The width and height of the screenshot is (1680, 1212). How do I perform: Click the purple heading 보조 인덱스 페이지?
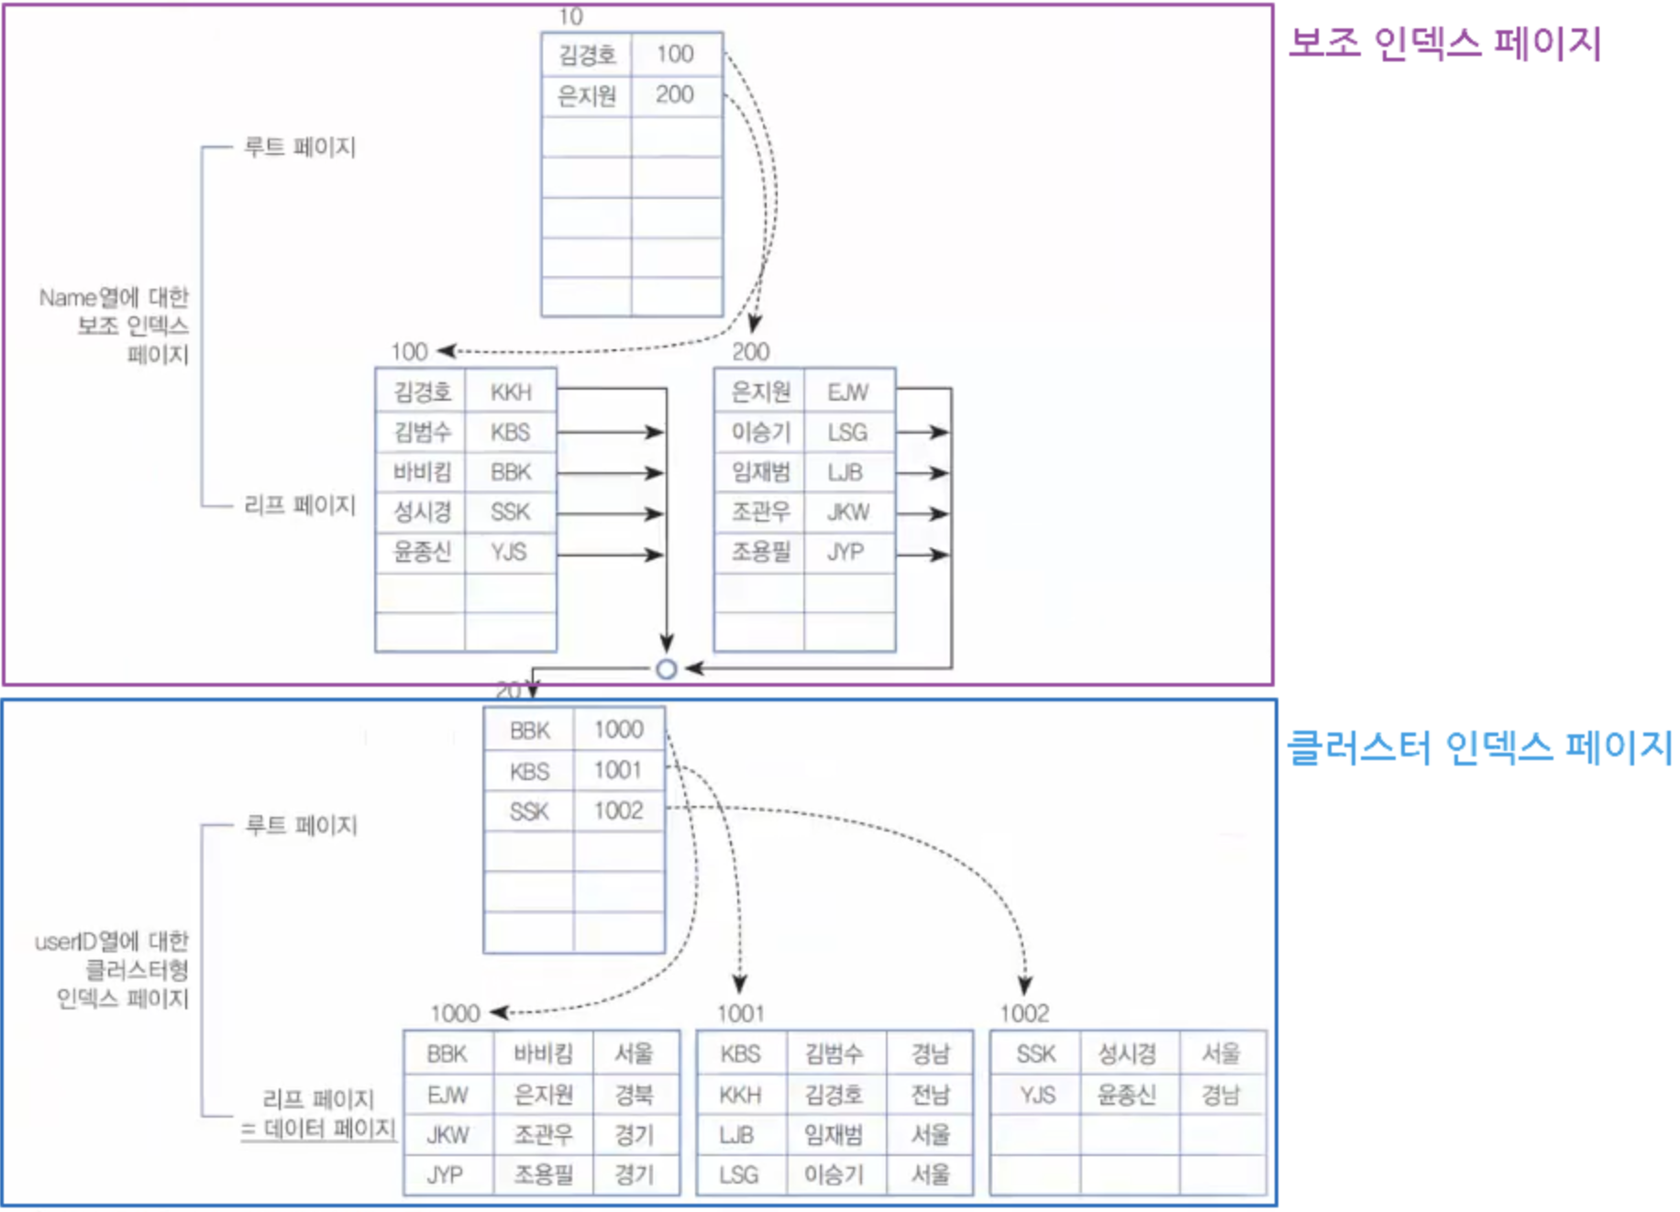(x=1444, y=43)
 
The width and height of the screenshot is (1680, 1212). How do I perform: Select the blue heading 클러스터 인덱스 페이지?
(x=1478, y=747)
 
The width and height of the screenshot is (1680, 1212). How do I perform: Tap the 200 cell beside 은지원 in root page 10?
(x=675, y=94)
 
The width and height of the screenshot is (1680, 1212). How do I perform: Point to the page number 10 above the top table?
(x=570, y=17)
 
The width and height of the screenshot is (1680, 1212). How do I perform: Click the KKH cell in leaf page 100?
(x=511, y=392)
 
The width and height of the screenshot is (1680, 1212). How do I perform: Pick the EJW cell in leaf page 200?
(x=847, y=392)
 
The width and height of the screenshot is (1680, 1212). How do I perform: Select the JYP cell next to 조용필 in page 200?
(x=846, y=552)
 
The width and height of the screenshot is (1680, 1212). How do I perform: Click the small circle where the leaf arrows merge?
(x=667, y=669)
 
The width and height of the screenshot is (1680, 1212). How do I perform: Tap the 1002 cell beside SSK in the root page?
(x=618, y=810)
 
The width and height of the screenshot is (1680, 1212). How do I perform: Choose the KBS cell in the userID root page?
(x=529, y=771)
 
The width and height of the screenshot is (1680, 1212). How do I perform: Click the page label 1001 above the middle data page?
(x=740, y=1013)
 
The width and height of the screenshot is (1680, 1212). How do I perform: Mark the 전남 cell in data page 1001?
(x=930, y=1095)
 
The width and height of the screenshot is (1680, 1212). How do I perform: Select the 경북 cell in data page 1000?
(x=635, y=1095)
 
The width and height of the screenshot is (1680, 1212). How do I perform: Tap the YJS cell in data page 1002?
(x=1037, y=1095)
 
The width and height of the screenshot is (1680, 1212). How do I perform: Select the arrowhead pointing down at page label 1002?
(x=1025, y=986)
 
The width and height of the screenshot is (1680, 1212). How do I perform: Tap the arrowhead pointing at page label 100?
(x=447, y=351)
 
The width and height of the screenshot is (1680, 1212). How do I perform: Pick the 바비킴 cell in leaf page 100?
(x=422, y=472)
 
